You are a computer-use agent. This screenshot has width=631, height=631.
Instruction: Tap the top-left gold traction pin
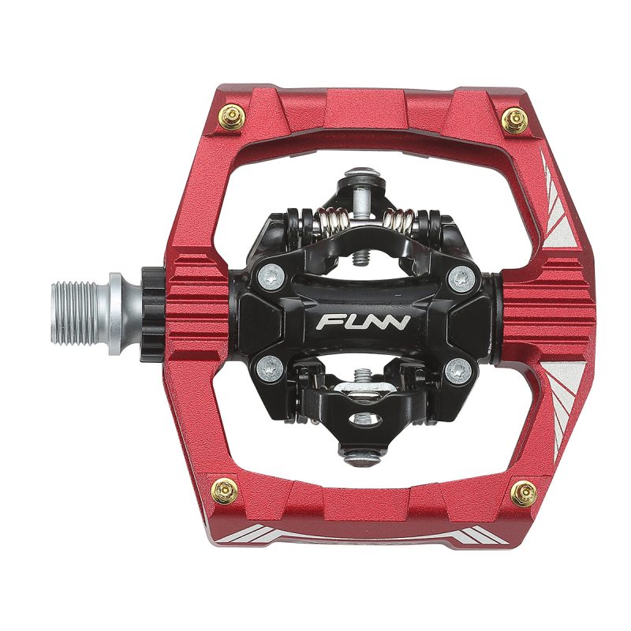232,117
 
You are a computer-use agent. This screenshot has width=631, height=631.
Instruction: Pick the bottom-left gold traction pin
225,491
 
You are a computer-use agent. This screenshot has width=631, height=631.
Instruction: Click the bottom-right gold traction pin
524,494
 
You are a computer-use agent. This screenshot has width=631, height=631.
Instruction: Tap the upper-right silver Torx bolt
461,278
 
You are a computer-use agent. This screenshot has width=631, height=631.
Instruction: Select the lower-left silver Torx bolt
269,369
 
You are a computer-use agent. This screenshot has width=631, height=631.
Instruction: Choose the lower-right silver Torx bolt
459,370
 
